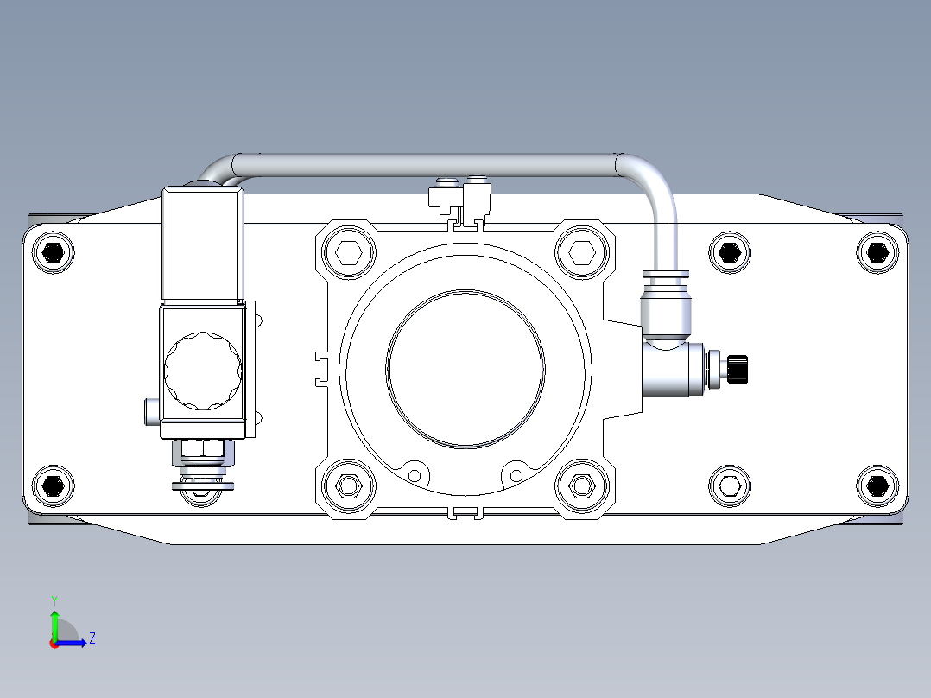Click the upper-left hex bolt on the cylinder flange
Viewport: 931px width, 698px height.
coord(349,253)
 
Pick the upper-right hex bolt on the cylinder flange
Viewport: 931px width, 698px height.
coord(581,253)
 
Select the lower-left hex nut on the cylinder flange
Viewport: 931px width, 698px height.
coord(349,487)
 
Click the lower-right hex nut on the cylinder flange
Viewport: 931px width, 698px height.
coord(581,487)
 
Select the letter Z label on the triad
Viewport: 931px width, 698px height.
coord(92,638)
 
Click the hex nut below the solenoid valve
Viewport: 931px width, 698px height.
coord(203,448)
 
